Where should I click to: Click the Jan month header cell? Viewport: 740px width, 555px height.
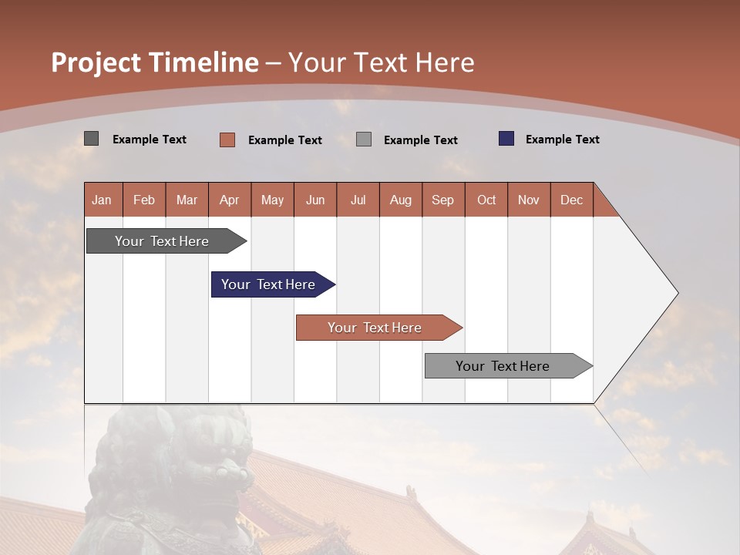(103, 200)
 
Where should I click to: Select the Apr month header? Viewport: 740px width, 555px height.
(229, 200)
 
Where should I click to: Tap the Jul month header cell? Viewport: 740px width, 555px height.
(358, 200)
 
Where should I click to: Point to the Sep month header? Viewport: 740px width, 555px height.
(442, 200)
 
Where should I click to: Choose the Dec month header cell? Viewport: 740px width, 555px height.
(571, 200)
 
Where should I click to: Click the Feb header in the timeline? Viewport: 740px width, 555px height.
(144, 200)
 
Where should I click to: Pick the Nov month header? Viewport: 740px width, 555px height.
(528, 200)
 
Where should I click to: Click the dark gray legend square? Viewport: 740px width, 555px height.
(91, 139)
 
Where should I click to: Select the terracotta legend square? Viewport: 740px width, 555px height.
(227, 140)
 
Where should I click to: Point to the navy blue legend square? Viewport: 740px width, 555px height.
(506, 139)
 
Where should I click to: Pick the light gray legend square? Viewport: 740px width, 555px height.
(364, 140)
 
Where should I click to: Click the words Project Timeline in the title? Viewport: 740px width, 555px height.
(154, 62)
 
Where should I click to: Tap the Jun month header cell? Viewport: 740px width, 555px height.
(314, 200)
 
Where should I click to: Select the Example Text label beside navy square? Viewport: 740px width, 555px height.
(562, 139)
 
